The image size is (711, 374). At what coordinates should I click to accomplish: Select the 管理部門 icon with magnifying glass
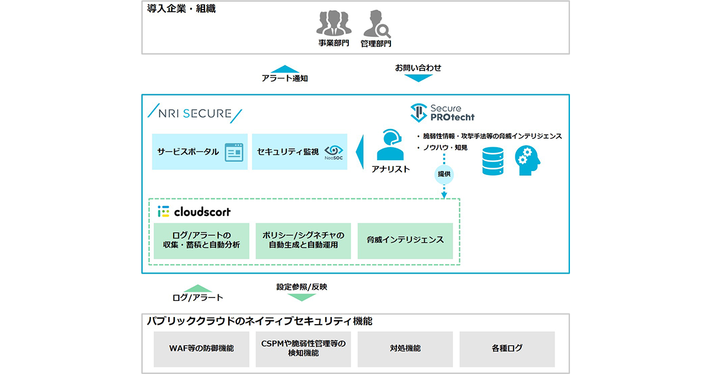pos(376,23)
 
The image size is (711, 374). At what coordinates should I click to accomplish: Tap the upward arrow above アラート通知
pos(285,69)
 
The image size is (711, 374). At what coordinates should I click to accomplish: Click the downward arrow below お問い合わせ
pos(418,78)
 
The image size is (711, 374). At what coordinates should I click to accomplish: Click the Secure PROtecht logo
pos(442,112)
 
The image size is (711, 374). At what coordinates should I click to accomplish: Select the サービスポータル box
pos(200,152)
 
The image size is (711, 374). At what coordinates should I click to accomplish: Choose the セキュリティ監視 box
pos(301,152)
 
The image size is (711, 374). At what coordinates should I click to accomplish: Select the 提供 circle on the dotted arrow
pos(444,174)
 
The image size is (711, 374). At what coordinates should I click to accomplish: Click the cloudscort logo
pos(194,211)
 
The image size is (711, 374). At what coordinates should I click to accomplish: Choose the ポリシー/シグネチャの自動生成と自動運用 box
pos(303,240)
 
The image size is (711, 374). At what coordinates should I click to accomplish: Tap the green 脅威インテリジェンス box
pos(405,240)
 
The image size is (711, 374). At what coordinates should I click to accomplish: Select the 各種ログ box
pos(507,348)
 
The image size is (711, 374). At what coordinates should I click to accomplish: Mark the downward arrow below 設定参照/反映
pos(302,297)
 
